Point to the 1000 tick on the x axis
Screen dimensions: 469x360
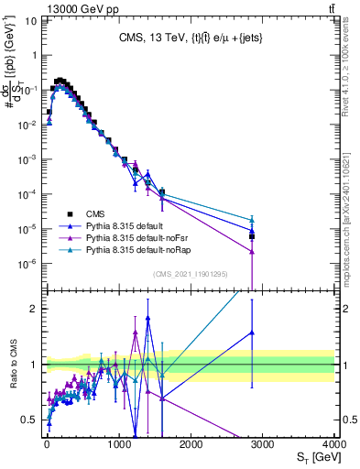[x=118, y=443]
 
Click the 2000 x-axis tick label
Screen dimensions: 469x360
[x=191, y=443]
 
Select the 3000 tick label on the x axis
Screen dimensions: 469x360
[x=263, y=443]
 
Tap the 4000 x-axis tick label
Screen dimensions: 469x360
[x=334, y=443]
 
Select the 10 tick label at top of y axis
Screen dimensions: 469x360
[x=32, y=20]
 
